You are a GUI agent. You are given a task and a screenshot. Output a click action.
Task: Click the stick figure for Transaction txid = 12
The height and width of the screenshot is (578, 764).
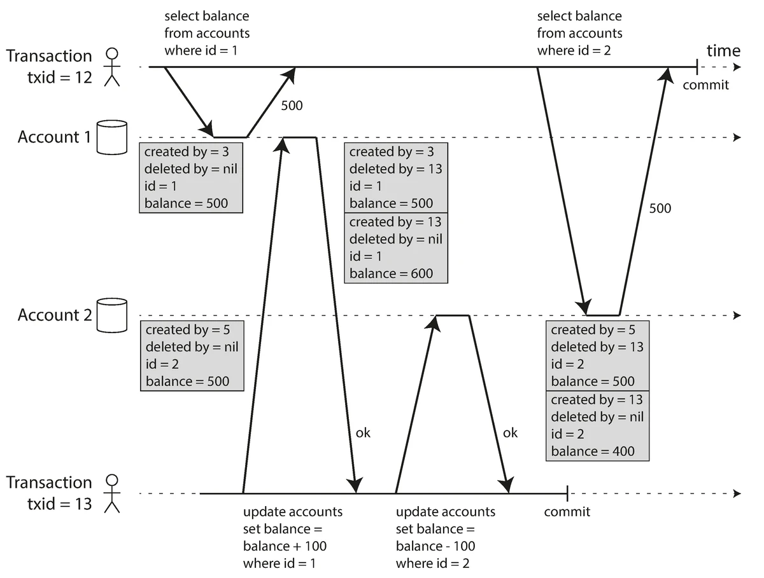point(112,66)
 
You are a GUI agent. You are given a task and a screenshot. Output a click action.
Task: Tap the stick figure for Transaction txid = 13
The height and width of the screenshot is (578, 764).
point(112,493)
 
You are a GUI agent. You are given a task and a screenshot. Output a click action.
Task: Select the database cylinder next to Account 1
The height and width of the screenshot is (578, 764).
point(112,137)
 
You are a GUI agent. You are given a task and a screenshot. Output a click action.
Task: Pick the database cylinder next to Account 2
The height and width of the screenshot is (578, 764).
point(112,315)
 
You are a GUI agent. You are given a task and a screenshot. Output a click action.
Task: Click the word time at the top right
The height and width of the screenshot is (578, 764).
point(723,51)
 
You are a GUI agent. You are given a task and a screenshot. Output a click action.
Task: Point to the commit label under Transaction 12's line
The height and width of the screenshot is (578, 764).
point(705,85)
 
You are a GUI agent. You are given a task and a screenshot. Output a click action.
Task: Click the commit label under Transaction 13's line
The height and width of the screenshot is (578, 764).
point(567,512)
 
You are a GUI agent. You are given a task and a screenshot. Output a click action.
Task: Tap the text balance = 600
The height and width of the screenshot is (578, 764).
point(391,273)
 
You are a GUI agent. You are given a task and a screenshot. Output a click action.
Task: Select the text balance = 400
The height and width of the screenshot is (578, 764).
point(592,451)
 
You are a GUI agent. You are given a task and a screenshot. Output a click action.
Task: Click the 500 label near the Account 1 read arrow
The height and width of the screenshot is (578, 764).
point(292,105)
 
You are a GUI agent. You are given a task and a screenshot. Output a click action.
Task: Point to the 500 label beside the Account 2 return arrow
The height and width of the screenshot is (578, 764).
point(660,208)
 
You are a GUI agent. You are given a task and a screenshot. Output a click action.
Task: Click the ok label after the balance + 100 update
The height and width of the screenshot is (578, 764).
point(362,433)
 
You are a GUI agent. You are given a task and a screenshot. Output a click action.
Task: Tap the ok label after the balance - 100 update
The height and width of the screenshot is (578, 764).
point(510,433)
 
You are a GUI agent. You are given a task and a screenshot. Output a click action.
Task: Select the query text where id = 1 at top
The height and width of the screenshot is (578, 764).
point(201,50)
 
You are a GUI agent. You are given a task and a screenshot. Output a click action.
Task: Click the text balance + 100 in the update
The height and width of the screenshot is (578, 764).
point(285,546)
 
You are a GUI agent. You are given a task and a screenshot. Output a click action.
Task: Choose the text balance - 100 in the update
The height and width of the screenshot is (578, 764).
point(435,546)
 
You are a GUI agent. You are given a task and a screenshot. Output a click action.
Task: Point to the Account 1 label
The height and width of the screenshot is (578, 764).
point(54,137)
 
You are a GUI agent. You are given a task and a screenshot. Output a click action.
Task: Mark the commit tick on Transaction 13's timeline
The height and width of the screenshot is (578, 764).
point(567,493)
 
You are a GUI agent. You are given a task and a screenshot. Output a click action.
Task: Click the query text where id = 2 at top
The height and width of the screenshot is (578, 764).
point(574,50)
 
